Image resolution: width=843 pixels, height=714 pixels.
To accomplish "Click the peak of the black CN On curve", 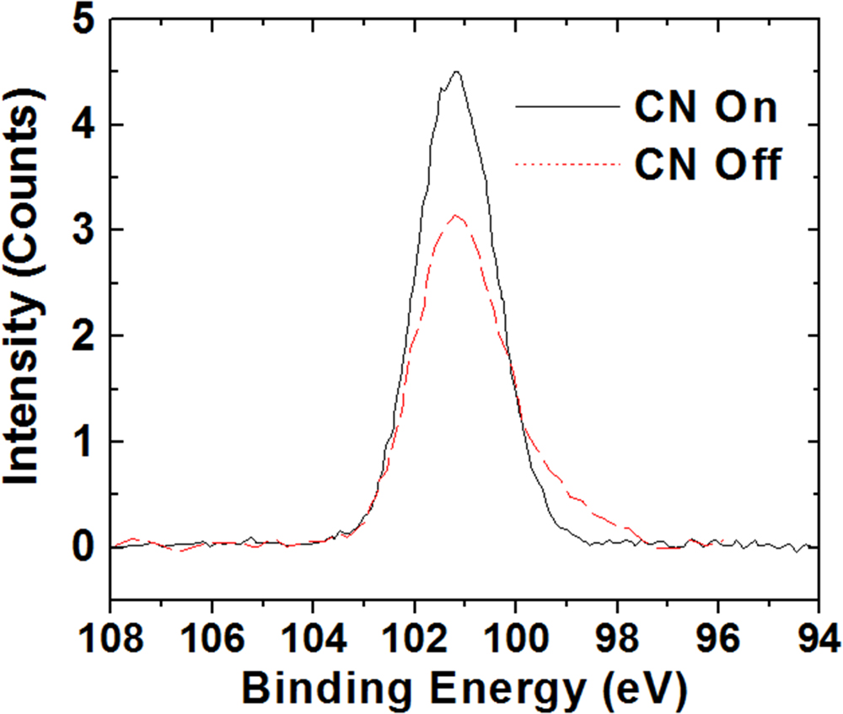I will pos(456,72).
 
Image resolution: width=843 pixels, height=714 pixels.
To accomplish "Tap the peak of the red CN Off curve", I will pos(456,216).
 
